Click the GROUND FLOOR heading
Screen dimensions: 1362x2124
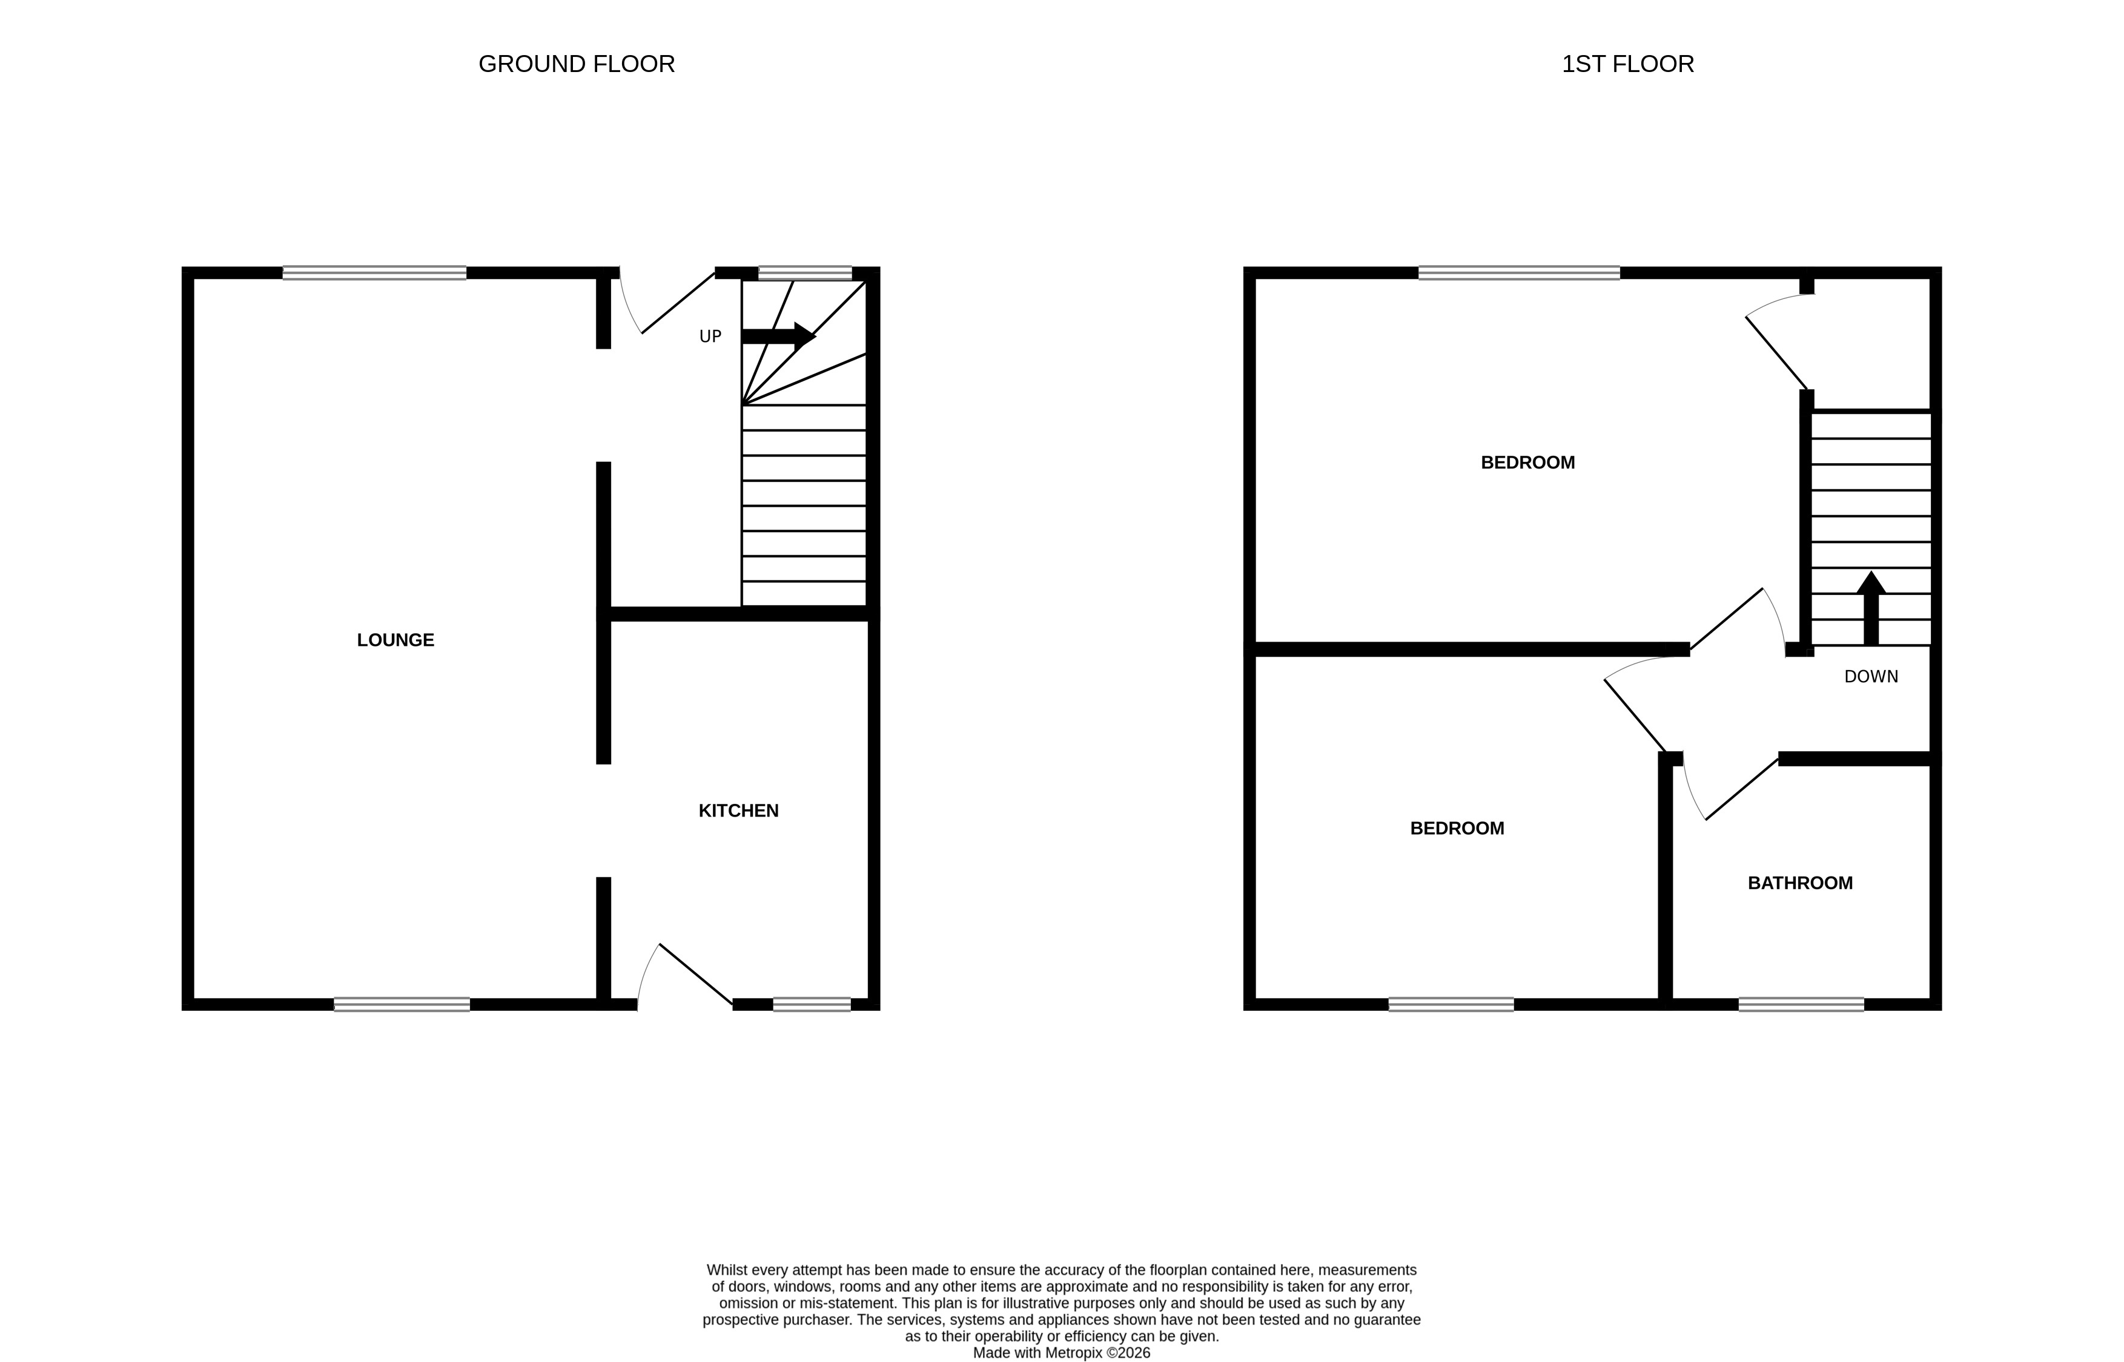coord(576,64)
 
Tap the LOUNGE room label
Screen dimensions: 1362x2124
coord(395,639)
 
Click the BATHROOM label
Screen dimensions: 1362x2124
coord(1799,883)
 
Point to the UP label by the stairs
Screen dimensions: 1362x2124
coord(710,336)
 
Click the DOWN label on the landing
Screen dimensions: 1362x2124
coord(1870,677)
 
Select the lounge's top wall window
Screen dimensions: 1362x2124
coord(374,272)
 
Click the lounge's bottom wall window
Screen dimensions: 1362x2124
coord(402,1004)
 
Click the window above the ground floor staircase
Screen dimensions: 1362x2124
coord(804,272)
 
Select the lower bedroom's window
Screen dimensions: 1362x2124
coord(1451,1004)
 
